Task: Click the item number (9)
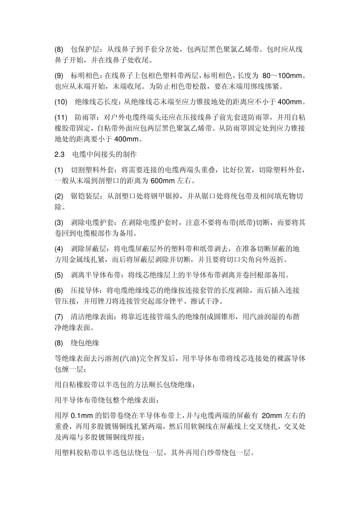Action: (x=59, y=76)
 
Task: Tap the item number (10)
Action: (x=61, y=102)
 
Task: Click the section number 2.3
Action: (x=60, y=155)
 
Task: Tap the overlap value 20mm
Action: (x=271, y=415)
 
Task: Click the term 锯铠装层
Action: (x=85, y=196)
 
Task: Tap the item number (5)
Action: (x=59, y=275)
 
